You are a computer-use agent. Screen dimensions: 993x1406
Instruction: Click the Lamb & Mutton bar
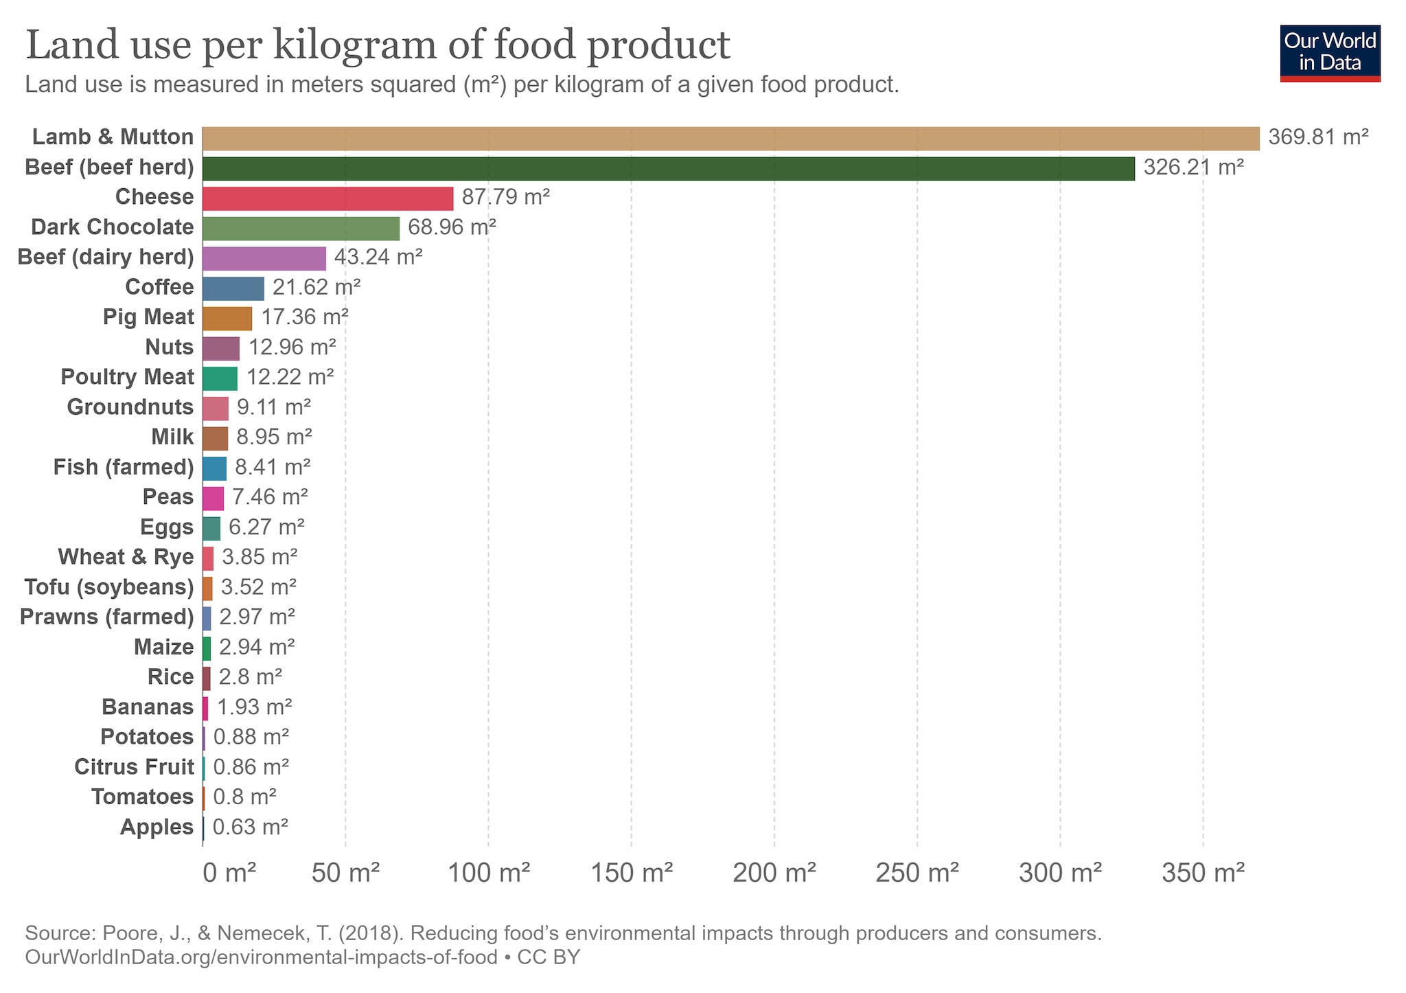pos(730,138)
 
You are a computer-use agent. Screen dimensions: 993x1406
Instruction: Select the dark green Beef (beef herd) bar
pos(668,168)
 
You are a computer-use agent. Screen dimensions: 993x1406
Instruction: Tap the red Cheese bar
pos(327,198)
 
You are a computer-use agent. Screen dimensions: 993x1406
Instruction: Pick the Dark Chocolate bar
pos(301,229)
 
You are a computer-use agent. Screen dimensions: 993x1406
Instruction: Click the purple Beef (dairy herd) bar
pos(264,258)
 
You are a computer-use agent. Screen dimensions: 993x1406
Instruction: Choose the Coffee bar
pos(233,288)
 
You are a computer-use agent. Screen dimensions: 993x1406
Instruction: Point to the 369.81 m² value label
pos(1318,137)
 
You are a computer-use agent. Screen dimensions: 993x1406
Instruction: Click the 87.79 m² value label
pos(506,198)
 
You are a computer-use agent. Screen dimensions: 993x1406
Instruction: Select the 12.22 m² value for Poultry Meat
pos(290,377)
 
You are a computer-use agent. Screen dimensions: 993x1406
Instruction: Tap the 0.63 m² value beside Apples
pos(251,827)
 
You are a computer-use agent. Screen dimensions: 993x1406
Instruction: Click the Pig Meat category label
pos(148,317)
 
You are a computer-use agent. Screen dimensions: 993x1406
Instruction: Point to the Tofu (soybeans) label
pos(109,587)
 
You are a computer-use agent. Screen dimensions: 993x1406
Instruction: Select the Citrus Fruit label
pos(134,767)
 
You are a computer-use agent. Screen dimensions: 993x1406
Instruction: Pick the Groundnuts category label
pos(130,407)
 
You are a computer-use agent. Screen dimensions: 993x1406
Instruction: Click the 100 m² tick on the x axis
pos(488,874)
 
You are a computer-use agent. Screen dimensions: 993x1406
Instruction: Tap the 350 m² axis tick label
pos(1203,874)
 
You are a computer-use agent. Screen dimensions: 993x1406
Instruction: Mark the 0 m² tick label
pos(230,874)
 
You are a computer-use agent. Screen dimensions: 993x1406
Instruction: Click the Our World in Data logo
pos(1330,54)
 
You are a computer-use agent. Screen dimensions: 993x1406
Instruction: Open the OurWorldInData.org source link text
pos(261,957)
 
